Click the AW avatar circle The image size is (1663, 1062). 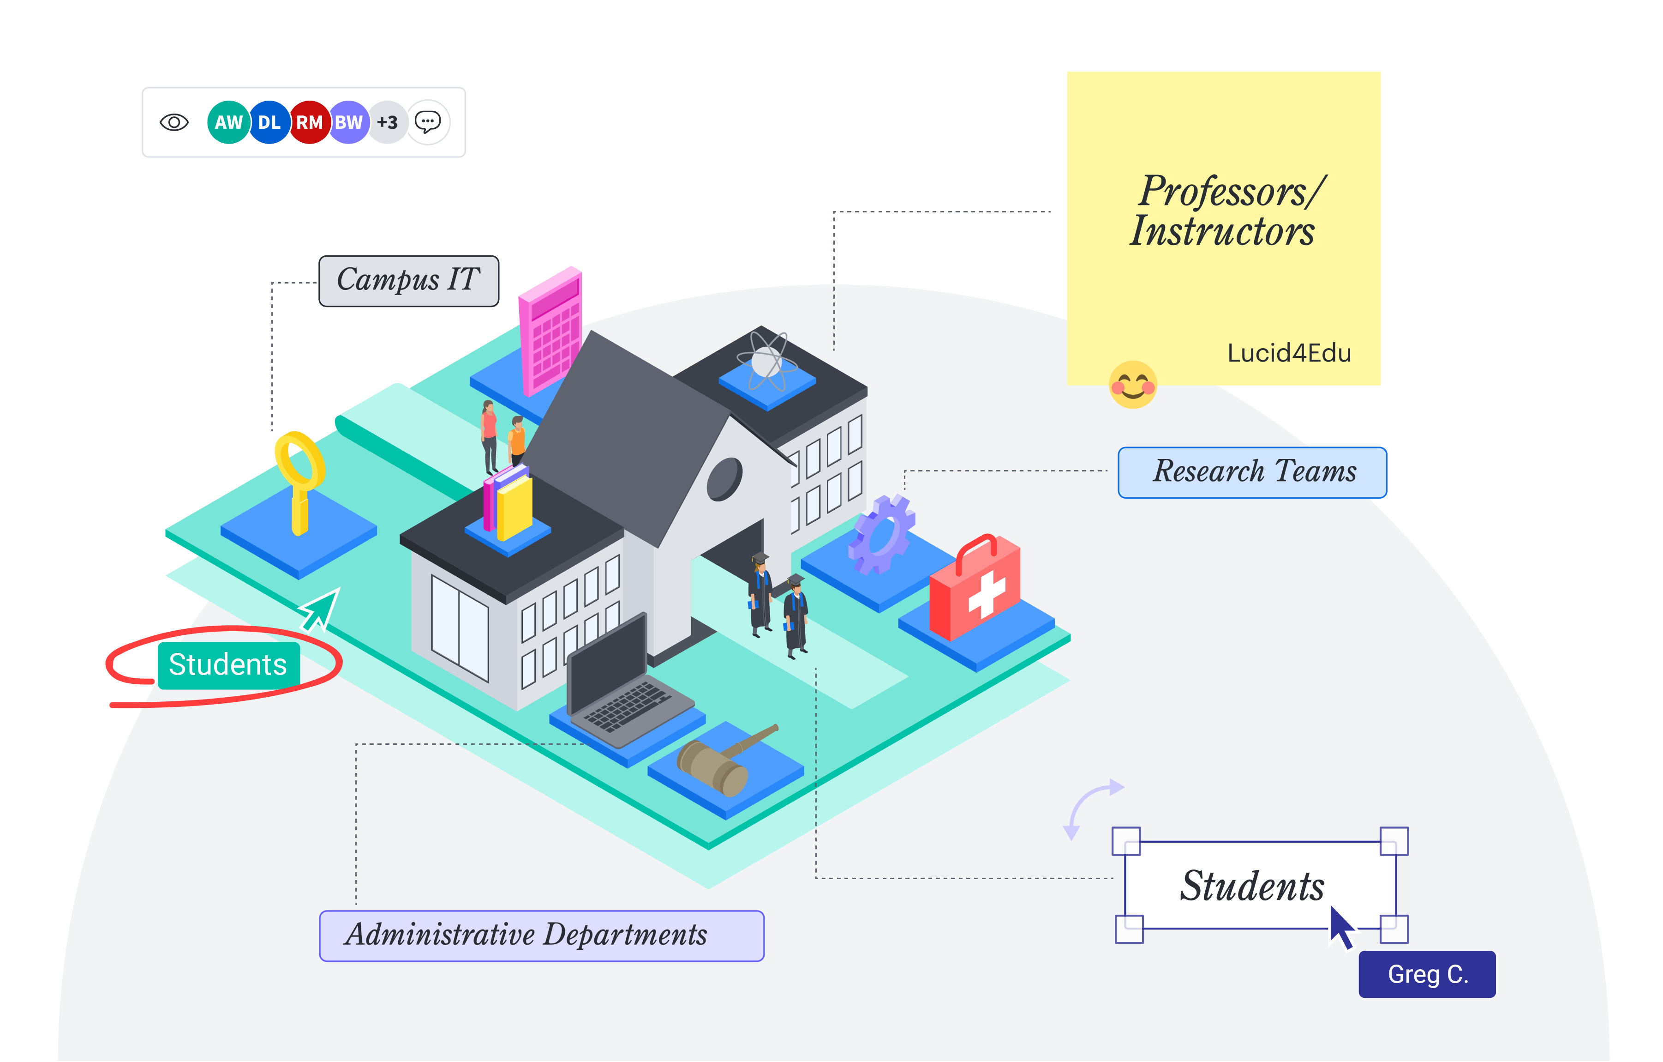(228, 122)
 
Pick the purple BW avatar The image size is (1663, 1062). (349, 122)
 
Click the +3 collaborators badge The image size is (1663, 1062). (388, 122)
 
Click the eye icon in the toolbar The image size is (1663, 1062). (174, 122)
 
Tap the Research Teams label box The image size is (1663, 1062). (1251, 472)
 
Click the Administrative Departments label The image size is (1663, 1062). (541, 935)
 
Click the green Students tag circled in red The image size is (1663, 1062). (228, 665)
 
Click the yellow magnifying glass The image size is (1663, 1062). (300, 477)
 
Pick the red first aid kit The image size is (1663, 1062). (975, 587)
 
